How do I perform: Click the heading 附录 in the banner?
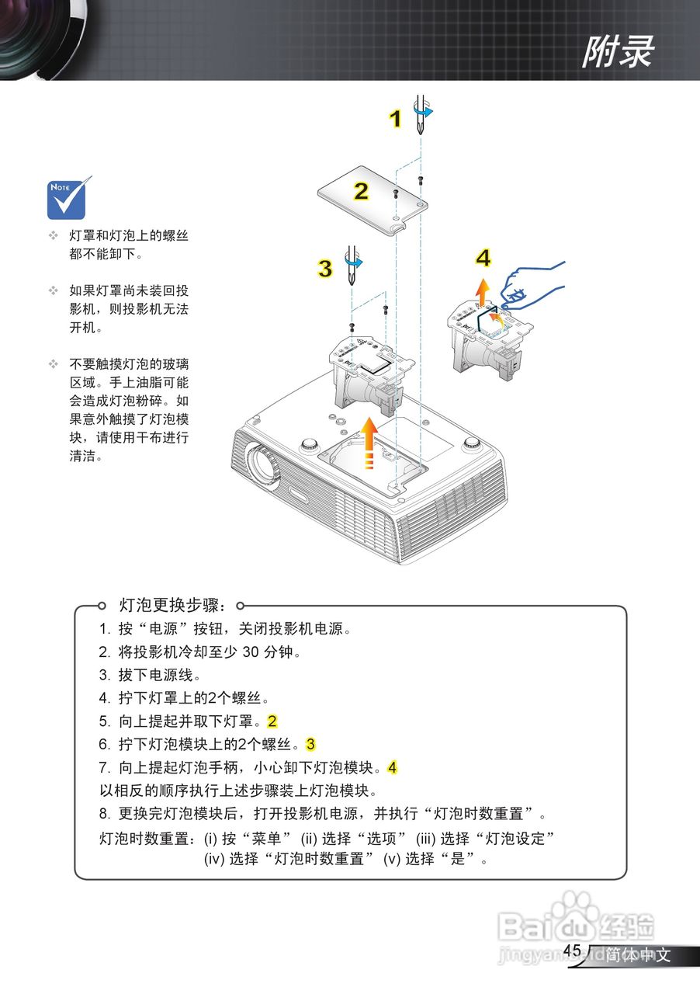(618, 52)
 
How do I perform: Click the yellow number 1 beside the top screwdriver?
(395, 119)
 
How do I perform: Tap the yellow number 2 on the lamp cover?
(361, 191)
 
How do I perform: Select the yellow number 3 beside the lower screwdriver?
(325, 269)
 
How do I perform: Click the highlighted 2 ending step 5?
(272, 721)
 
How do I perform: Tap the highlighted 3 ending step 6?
(310, 745)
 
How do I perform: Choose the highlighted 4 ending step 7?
(392, 768)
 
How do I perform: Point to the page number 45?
(572, 951)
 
